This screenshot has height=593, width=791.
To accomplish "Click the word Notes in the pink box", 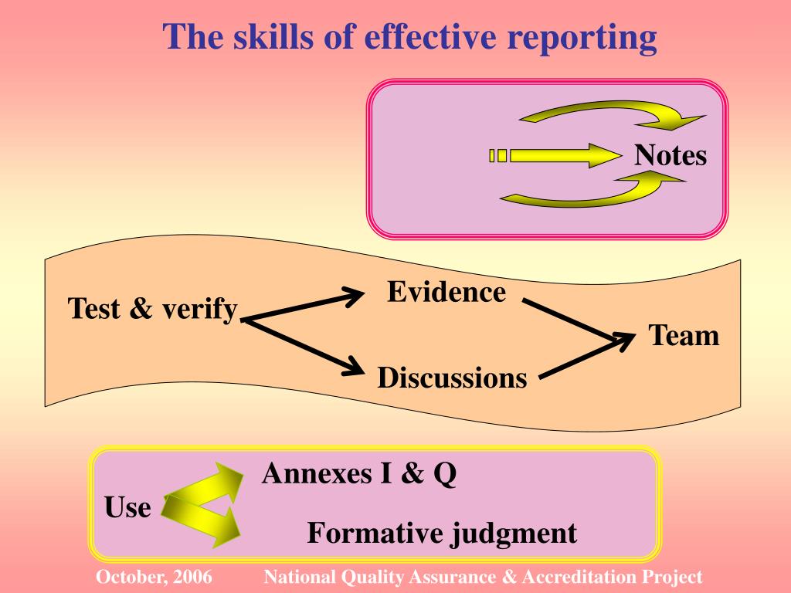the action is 670,156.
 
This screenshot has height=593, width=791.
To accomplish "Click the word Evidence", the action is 446,292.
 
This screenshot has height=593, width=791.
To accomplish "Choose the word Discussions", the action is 452,378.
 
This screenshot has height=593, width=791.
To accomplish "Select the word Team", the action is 684,336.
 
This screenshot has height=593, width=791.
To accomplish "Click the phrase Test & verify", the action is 152,309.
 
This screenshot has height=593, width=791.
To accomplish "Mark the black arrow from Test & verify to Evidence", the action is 301,304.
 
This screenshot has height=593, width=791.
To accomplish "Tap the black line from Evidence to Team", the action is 572,317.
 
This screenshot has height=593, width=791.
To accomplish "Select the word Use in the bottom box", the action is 127,508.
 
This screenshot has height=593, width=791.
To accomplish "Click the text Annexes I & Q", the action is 359,473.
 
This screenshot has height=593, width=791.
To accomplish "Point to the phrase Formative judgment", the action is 442,533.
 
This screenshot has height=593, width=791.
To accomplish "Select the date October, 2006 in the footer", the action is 154,577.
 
